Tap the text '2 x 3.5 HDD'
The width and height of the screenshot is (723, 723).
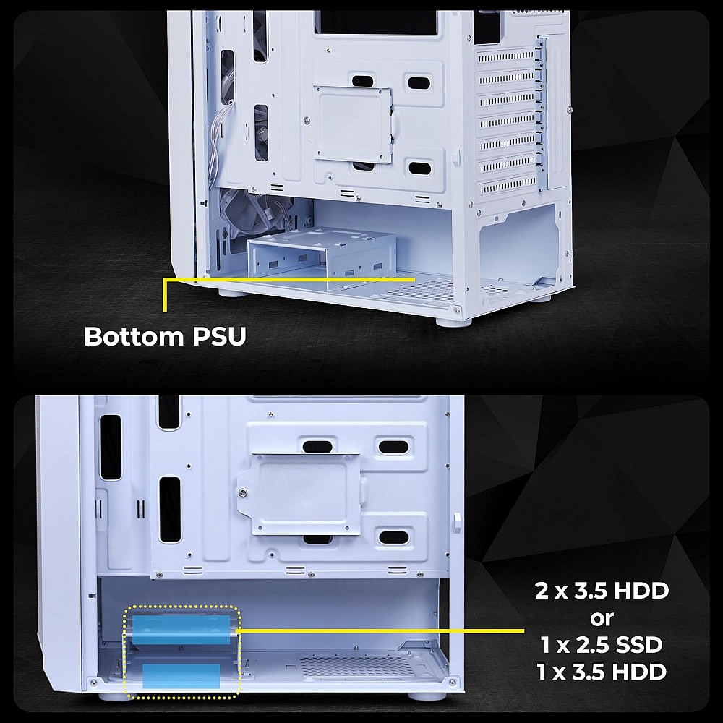point(602,591)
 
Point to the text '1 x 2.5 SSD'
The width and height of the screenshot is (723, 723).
point(602,644)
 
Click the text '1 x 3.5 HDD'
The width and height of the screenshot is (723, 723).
point(602,672)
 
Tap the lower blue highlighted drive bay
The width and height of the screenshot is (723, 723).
point(181,676)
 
